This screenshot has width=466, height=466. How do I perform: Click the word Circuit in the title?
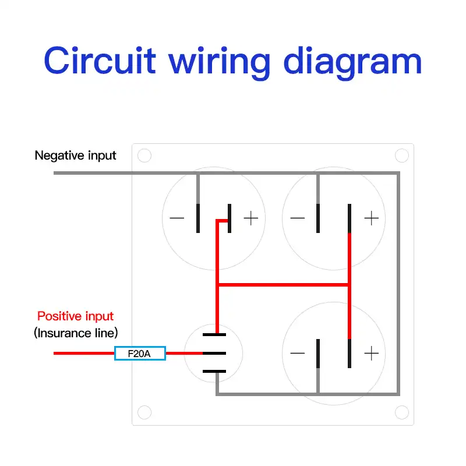point(100,61)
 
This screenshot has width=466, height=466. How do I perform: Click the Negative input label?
point(76,156)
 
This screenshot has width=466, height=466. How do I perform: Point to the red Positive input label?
point(76,316)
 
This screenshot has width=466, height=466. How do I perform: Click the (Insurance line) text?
point(76,333)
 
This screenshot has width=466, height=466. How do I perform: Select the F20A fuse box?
point(140,353)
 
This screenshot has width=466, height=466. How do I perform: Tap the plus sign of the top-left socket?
point(250,218)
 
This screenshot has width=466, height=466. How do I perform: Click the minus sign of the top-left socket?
point(176,218)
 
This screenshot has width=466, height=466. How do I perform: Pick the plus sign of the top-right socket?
point(371,218)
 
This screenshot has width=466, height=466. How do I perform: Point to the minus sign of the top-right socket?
point(297,218)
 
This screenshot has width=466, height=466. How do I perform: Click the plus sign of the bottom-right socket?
point(371,353)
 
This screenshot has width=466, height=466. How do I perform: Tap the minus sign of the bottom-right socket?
point(297,353)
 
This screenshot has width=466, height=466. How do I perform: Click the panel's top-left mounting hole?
point(144,156)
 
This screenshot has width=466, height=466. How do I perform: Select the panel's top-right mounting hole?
point(402,156)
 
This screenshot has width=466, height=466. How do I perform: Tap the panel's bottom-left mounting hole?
point(144,413)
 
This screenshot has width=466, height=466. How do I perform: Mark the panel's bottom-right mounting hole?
point(402,413)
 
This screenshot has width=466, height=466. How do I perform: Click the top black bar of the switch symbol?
point(214,335)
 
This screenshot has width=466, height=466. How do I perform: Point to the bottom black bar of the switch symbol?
point(214,371)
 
